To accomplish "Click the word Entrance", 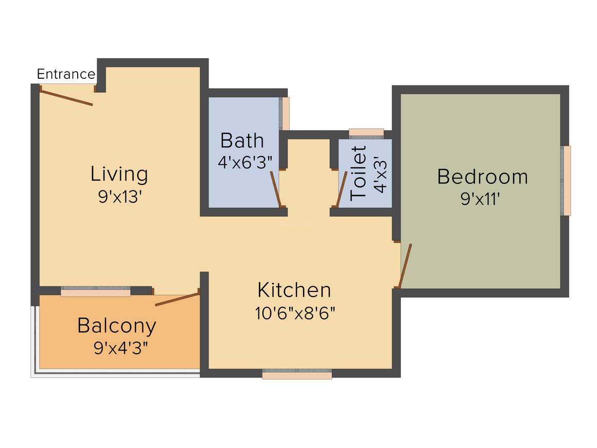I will pos(66,74).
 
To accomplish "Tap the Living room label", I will pos(119,174).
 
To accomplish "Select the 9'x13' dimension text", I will pos(119,197).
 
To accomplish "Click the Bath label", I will pos(242,140).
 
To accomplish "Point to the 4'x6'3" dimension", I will pos(245,162).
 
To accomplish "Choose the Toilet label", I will pos(358,173).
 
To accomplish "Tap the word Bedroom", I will pos(482,177).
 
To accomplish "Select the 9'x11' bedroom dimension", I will pos(481,199).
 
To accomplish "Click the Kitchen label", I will pos(294,290).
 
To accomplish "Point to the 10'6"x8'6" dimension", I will pos(295,313).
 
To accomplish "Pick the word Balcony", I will pos(117,325).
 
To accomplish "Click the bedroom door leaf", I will pos(406,265).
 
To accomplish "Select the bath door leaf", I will pos(276,188).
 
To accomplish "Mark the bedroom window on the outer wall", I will pos(567,180).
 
